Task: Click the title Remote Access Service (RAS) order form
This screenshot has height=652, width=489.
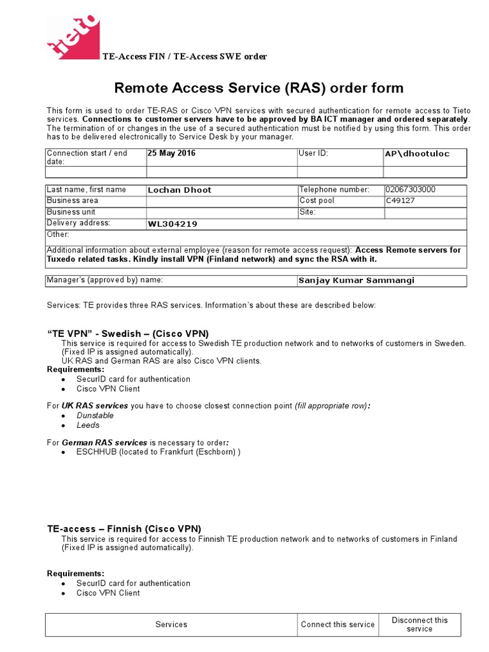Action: (259, 88)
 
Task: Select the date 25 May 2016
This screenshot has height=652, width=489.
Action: (172, 153)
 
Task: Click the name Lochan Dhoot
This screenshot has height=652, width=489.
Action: (180, 190)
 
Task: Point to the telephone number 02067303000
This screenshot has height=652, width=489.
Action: (411, 190)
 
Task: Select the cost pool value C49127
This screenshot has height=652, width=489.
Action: (400, 201)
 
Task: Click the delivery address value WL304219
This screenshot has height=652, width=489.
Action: (173, 223)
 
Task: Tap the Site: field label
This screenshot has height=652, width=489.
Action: (308, 212)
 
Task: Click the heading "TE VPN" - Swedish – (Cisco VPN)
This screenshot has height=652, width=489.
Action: (128, 334)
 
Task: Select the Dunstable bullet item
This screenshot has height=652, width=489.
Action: (95, 415)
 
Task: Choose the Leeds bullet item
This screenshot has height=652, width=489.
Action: (88, 425)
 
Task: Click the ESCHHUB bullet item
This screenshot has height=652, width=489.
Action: (158, 451)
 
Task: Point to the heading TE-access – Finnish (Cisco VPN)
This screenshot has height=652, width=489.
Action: (124, 528)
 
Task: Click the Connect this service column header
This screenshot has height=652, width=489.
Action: (337, 624)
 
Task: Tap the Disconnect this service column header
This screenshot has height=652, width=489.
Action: (420, 624)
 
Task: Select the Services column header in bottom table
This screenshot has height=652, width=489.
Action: (171, 624)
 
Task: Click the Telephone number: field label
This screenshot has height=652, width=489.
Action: (334, 190)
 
